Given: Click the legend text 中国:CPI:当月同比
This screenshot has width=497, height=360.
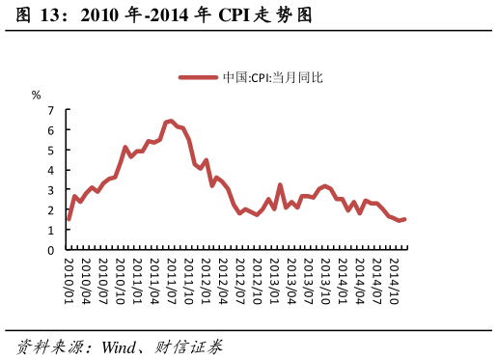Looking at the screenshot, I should click(272, 77).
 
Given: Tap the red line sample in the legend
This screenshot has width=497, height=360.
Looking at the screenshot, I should click(199, 77).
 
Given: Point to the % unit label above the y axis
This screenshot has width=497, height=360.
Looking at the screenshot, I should click(37, 95).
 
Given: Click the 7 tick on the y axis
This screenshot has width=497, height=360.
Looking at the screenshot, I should click(51, 110).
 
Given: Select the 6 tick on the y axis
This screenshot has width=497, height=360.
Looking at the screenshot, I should click(51, 130).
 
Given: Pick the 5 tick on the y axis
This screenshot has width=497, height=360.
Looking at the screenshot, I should click(51, 151).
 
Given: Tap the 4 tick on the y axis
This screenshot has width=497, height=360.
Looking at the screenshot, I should click(51, 170).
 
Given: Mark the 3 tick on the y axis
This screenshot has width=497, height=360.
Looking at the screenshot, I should click(51, 190).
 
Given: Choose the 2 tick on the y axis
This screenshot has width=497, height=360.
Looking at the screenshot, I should click(51, 210).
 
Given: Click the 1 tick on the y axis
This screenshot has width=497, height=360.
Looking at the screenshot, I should click(51, 231).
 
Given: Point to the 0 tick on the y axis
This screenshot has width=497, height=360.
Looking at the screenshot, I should click(51, 250).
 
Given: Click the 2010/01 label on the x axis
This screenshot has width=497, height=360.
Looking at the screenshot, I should click(69, 280).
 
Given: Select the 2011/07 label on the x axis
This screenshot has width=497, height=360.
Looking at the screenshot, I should click(172, 280).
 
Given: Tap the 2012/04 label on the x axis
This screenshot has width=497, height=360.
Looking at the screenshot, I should click(222, 280).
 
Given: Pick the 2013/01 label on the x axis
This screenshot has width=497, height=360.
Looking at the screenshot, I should click(274, 280).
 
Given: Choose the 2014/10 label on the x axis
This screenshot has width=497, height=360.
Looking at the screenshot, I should click(393, 280).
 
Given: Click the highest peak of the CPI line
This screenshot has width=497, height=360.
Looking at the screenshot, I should click(171, 121).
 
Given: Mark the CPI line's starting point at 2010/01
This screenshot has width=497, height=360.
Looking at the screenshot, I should click(69, 219).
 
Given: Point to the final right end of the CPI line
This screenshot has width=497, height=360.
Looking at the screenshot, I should click(404, 219).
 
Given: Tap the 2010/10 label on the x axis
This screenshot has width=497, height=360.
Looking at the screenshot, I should click(120, 280).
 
